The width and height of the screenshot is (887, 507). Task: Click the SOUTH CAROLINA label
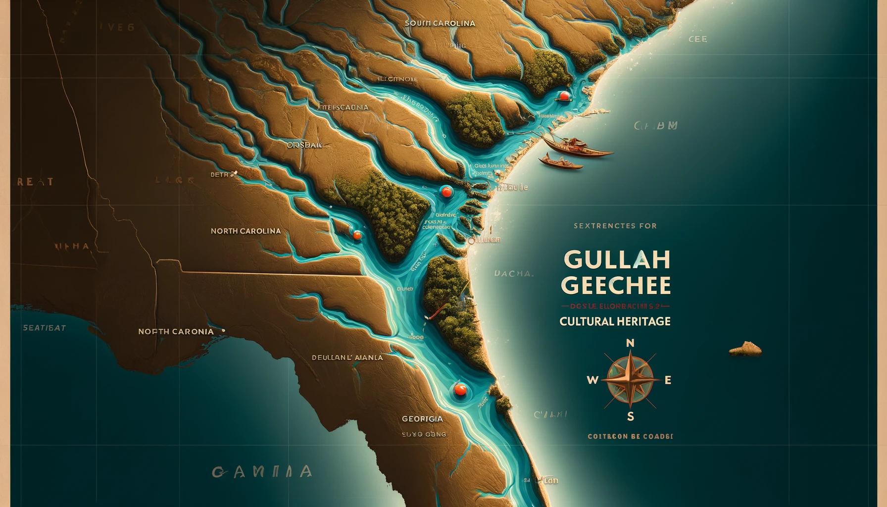tap(440, 23)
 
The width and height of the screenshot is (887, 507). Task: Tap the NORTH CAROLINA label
tap(246, 231)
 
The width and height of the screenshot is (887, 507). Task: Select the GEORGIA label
tap(422, 419)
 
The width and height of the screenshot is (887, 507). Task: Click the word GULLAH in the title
tap(616, 259)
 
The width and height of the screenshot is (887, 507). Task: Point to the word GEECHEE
tap(615, 286)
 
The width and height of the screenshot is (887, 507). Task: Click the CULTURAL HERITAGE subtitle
tap(615, 321)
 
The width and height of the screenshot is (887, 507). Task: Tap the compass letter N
tap(630, 343)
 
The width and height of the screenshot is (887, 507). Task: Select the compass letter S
tap(630, 417)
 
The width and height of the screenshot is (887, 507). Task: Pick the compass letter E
tap(668, 380)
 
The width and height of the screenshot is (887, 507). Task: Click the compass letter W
tap(592, 380)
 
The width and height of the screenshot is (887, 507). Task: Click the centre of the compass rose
tap(630, 380)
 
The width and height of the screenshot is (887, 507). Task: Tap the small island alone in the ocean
tap(745, 349)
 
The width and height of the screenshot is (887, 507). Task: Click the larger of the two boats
tap(577, 147)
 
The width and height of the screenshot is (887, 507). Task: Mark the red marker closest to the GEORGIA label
tap(460, 390)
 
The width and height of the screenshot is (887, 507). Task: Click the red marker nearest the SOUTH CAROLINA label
tap(563, 96)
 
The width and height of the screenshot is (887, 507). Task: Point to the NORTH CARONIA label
tap(176, 332)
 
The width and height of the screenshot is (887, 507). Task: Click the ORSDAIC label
tap(304, 145)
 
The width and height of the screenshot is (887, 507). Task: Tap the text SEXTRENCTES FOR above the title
tap(615, 226)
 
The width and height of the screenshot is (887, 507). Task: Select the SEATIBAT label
tap(44, 328)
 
